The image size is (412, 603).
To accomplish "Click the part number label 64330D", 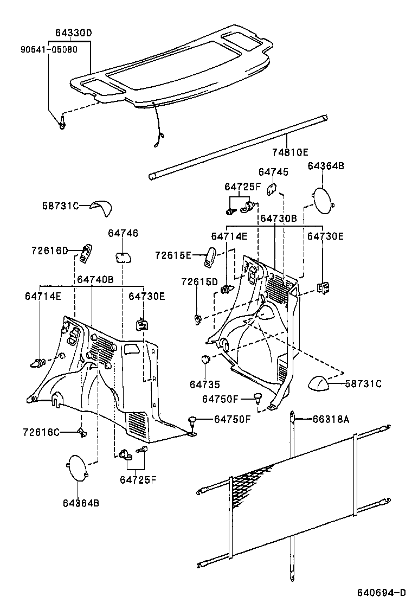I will (73, 33).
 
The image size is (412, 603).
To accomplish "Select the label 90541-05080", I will (49, 49).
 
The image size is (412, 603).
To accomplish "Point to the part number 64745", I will (273, 172).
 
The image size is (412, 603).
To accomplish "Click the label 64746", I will (123, 233).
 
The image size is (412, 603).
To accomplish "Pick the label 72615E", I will (173, 255).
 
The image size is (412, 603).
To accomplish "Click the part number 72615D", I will (199, 282).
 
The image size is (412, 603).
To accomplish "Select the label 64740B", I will (95, 279).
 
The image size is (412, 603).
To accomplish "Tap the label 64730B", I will (278, 218).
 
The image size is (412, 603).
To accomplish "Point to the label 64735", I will (205, 384).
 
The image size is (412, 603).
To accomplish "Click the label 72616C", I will (41, 432).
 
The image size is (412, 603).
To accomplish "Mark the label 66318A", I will (331, 419).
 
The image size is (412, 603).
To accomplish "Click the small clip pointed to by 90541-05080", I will (63, 123).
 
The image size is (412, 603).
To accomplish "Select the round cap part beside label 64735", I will (205, 359).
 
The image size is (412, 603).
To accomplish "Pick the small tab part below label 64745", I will (273, 190).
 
